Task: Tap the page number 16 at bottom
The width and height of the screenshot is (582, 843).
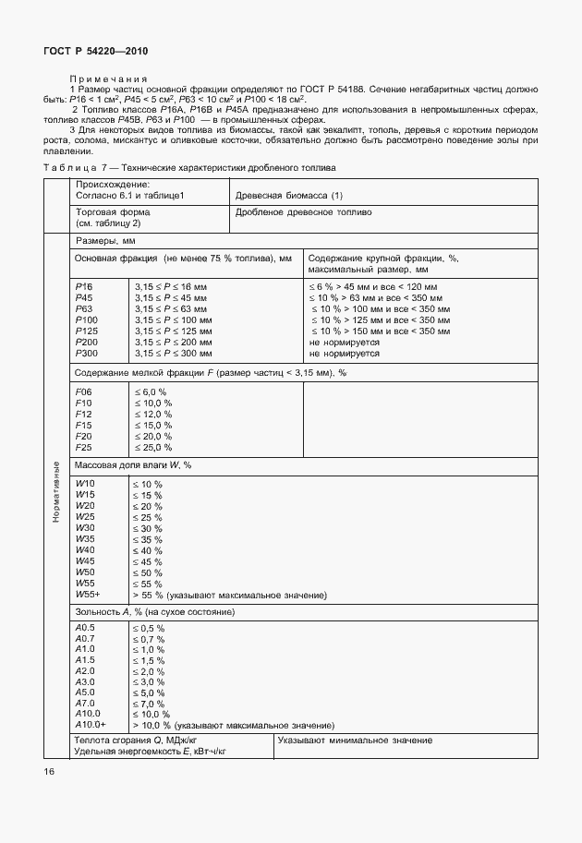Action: coord(49,771)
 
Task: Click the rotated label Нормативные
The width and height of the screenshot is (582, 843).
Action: coord(55,491)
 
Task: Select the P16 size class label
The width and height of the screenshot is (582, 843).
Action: coord(83,287)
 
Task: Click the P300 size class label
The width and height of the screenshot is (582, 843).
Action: coord(86,354)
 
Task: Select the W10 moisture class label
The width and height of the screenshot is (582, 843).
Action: coord(84,484)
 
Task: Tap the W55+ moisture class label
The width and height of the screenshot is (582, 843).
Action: coord(88,594)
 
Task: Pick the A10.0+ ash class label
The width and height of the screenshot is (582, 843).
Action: coord(90,725)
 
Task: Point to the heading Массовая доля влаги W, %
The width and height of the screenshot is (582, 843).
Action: coord(139,465)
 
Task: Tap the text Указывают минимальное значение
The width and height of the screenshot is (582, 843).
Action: coord(355,741)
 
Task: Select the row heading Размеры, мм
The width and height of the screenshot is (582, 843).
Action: coord(105,240)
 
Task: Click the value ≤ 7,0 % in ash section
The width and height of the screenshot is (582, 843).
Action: coord(150,702)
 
